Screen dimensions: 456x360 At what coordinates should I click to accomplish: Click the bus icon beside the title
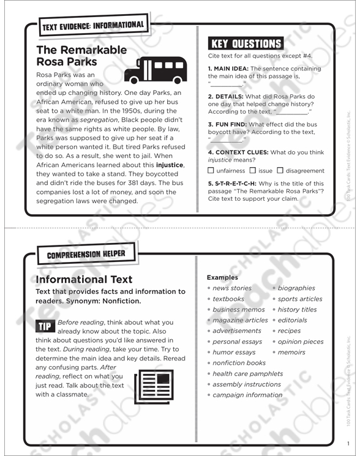(x=155, y=69)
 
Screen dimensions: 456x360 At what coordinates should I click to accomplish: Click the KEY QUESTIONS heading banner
(x=246, y=43)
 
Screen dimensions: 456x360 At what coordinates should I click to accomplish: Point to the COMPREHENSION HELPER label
(x=86, y=253)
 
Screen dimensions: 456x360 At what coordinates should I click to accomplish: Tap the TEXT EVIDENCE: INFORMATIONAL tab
(x=93, y=26)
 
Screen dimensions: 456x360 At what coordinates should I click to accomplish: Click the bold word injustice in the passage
(x=170, y=165)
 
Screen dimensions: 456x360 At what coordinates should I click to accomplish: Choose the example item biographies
(x=296, y=288)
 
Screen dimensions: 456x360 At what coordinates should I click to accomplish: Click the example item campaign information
(x=247, y=395)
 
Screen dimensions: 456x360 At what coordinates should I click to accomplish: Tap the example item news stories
(x=231, y=288)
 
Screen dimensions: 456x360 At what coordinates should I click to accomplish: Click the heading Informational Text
(x=84, y=280)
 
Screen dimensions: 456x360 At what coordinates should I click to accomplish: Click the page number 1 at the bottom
(x=347, y=444)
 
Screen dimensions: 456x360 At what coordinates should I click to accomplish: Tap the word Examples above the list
(x=222, y=277)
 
